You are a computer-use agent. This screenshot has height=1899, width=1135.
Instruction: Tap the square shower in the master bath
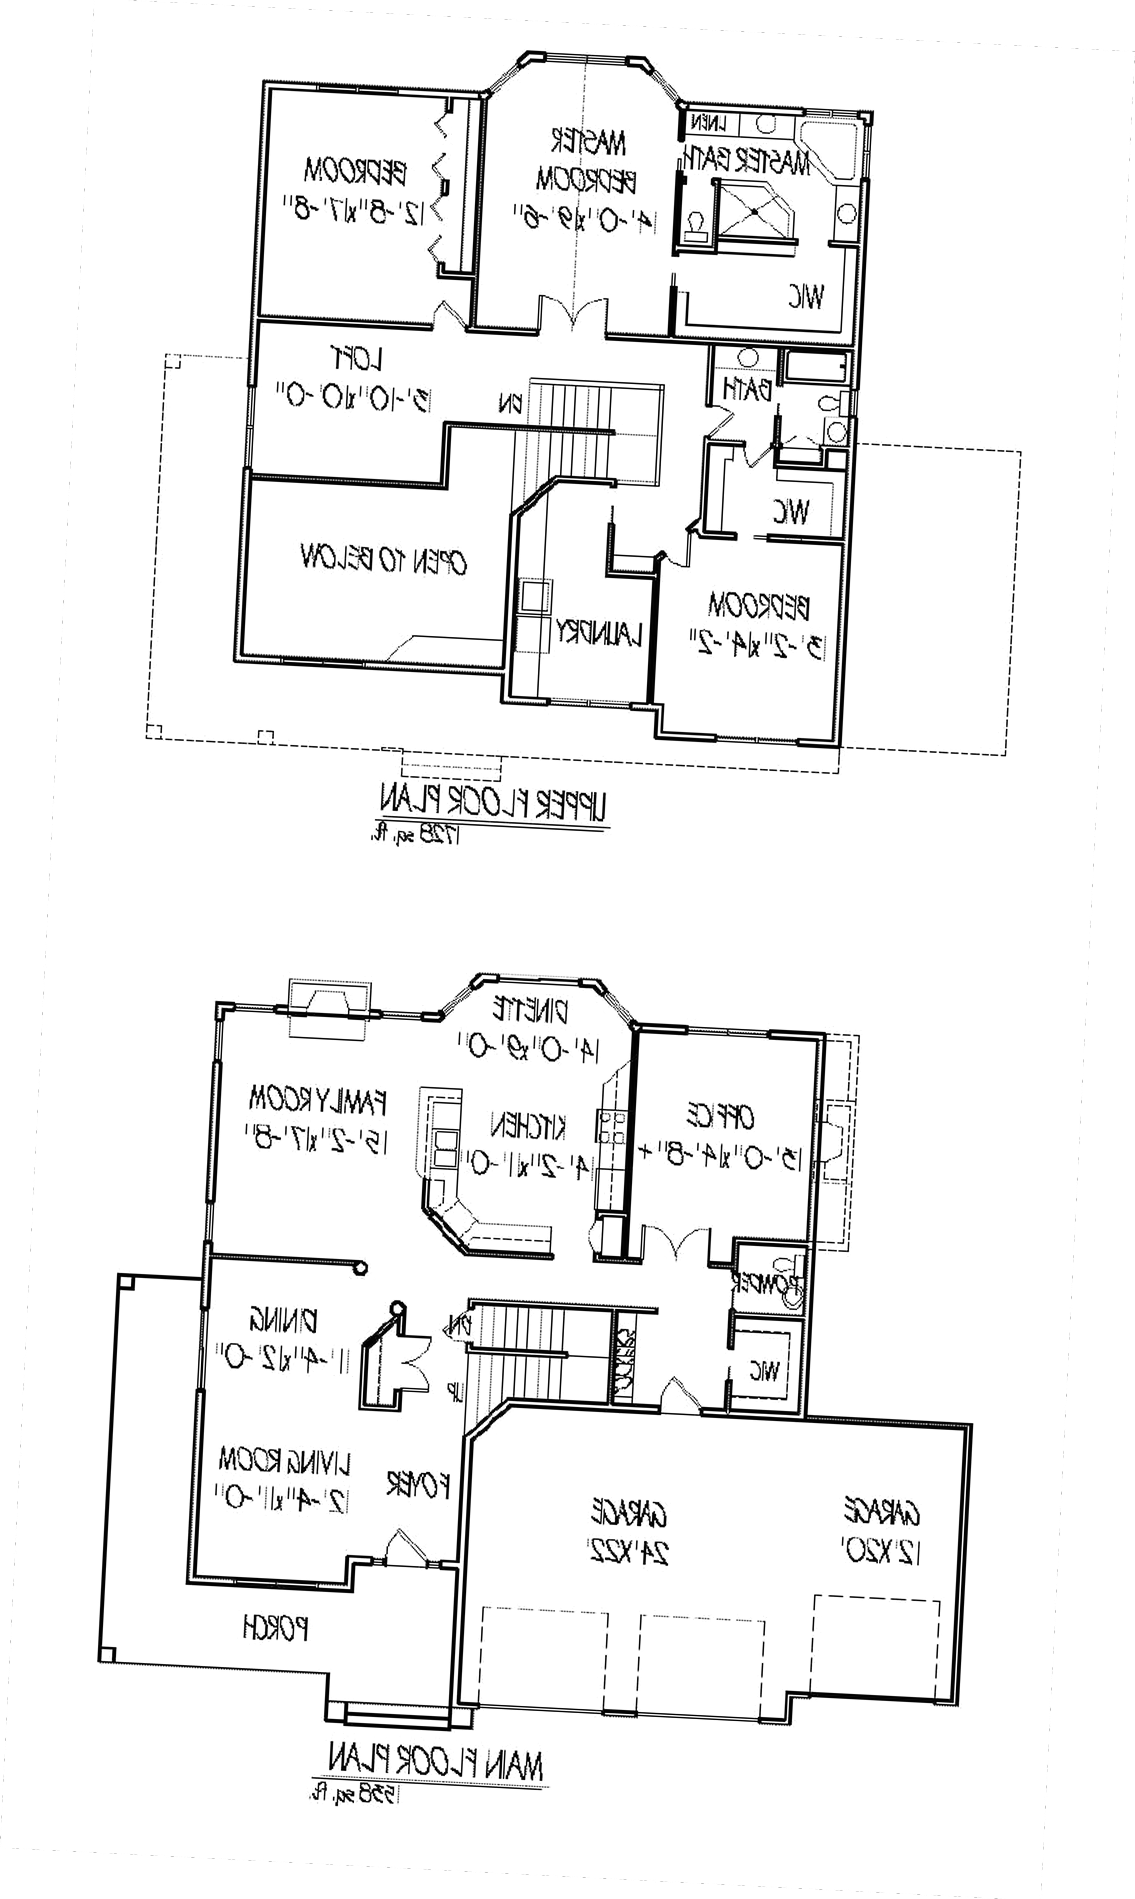tap(752, 210)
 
